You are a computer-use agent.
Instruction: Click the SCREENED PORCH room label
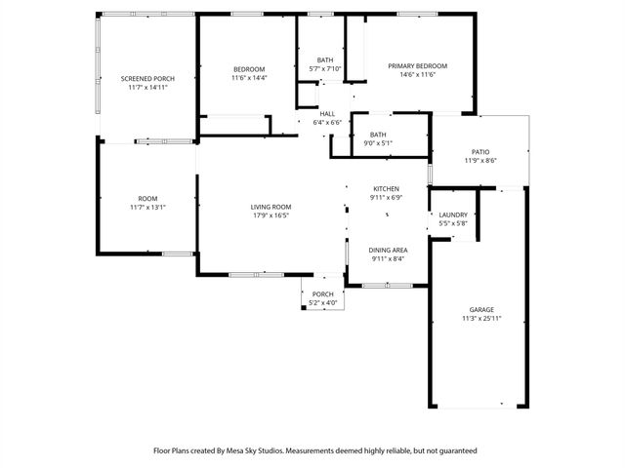(147, 78)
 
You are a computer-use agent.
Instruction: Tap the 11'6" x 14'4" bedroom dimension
(249, 78)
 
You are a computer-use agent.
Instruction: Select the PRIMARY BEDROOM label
(418, 65)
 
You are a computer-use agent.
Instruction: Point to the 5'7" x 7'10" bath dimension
(324, 68)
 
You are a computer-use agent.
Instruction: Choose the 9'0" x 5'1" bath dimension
(378, 143)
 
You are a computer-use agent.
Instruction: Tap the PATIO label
(480, 151)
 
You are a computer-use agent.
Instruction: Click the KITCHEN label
(387, 188)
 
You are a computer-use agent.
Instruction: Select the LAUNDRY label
(453, 214)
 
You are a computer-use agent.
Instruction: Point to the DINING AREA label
(388, 251)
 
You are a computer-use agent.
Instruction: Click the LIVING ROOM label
(271, 206)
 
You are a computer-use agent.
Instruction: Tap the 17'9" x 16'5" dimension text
(271, 215)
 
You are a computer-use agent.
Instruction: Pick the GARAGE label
(481, 309)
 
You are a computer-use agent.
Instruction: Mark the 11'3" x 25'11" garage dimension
(481, 319)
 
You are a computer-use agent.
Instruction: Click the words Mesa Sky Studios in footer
(258, 450)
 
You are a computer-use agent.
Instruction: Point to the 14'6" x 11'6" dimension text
(418, 74)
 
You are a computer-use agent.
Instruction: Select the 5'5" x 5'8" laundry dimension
(453, 223)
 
